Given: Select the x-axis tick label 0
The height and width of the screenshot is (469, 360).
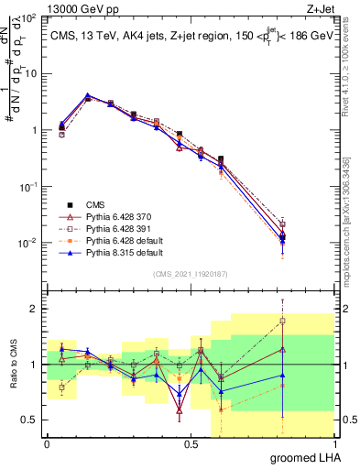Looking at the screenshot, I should coord(47,444).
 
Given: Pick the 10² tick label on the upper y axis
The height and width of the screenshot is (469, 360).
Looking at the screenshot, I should coord(29,18).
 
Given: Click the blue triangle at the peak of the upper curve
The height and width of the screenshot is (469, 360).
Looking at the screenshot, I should coord(87,95).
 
